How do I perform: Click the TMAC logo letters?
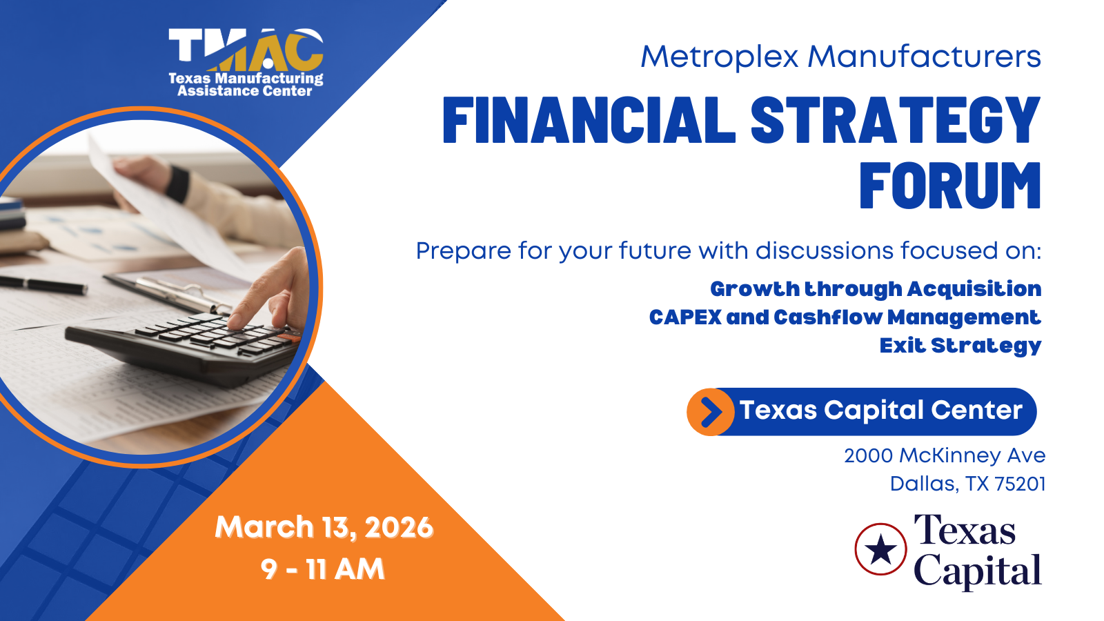(246, 49)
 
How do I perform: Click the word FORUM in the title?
(950, 186)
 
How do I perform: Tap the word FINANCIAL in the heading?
(589, 119)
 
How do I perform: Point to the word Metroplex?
(719, 57)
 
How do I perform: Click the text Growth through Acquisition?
(876, 289)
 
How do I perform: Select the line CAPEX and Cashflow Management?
(845, 318)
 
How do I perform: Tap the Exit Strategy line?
(960, 346)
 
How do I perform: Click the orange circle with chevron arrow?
(710, 411)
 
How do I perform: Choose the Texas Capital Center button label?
(880, 410)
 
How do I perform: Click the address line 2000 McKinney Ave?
(945, 456)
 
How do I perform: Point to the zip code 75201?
(1021, 484)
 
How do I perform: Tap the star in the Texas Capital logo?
(880, 549)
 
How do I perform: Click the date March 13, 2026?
(324, 527)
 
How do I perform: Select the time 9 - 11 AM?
(323, 569)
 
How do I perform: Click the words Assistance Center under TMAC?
(245, 90)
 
